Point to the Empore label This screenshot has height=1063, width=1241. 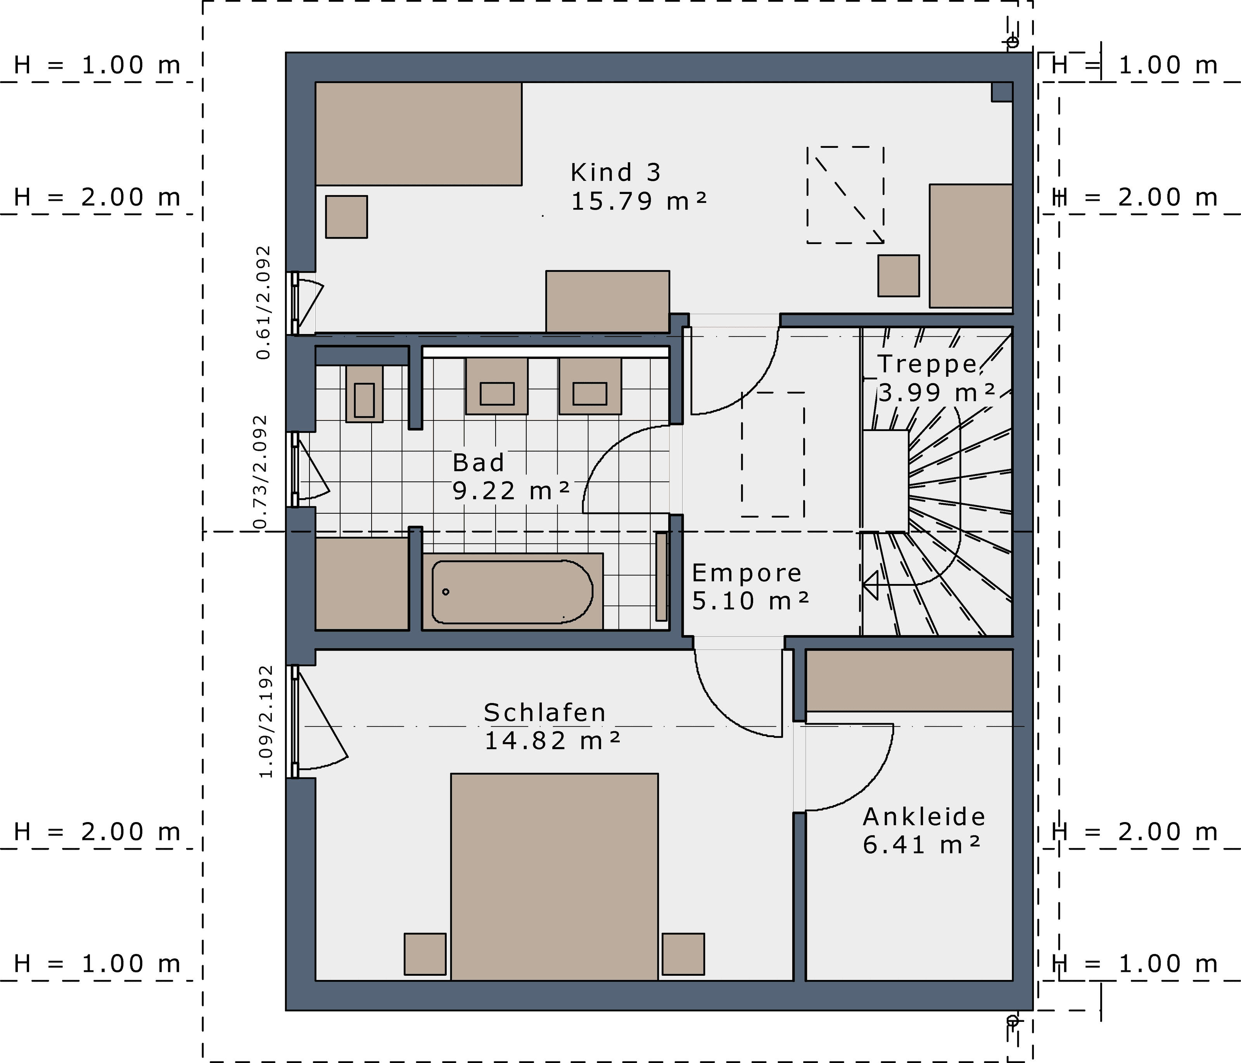(x=746, y=573)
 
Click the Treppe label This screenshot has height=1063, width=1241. (x=927, y=364)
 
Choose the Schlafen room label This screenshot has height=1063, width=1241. (x=544, y=712)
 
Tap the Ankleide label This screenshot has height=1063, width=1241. (x=923, y=817)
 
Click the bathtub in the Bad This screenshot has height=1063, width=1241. (x=512, y=591)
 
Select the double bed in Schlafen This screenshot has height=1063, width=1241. (x=554, y=877)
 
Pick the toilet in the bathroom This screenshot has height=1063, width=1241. (x=364, y=394)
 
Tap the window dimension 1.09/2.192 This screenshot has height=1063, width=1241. (x=266, y=722)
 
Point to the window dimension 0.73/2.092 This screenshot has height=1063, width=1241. (x=260, y=472)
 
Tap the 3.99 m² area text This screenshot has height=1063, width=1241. (x=937, y=393)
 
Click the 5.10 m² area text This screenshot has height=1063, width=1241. (x=750, y=601)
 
